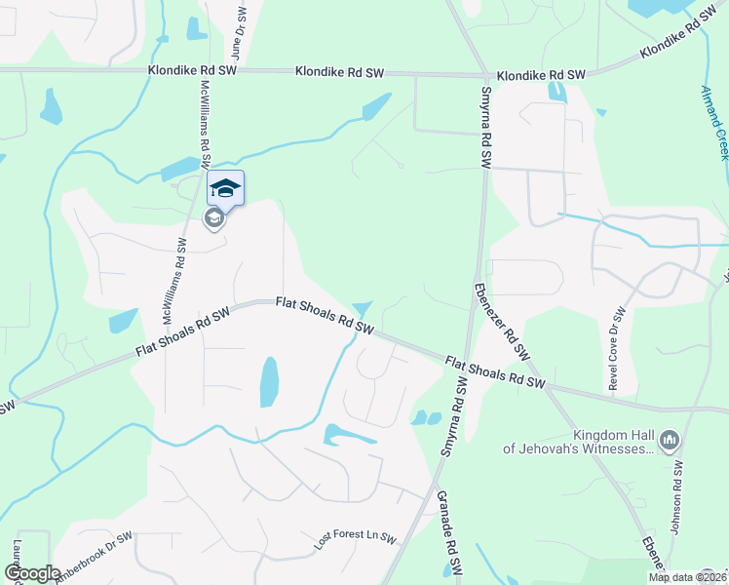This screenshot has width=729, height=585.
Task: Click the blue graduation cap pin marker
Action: point(225,188)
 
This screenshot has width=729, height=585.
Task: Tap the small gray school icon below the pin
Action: point(214,219)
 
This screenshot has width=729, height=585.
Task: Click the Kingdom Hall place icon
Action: point(670,441)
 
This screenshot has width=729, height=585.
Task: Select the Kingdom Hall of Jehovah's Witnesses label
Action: point(579,441)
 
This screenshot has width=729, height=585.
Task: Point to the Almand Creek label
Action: point(715,122)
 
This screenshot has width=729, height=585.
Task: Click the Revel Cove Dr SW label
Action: point(616,349)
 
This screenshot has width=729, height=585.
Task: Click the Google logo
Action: point(32,573)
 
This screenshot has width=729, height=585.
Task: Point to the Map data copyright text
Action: point(686,577)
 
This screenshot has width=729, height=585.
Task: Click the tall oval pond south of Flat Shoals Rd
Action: point(269,382)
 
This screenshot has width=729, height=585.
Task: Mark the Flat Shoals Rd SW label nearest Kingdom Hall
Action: point(494,374)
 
